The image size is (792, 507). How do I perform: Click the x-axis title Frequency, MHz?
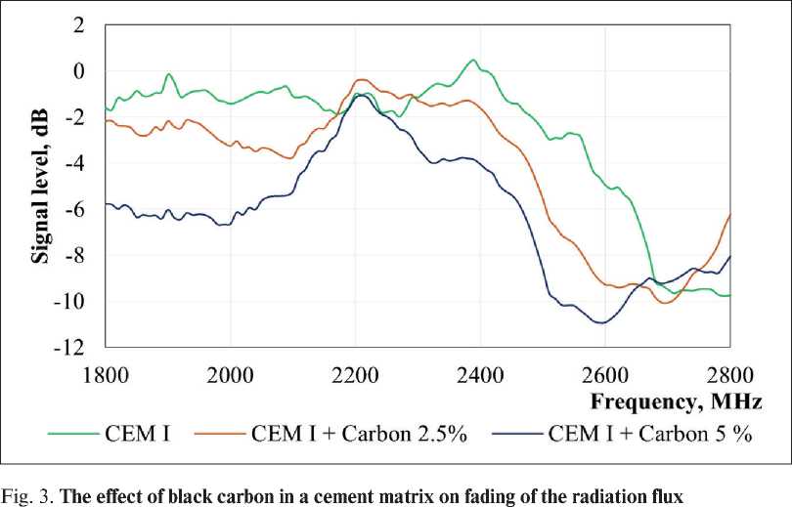(x=675, y=401)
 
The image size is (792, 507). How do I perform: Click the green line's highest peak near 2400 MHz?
(x=474, y=61)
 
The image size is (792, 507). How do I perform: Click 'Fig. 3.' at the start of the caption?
(x=23, y=492)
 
